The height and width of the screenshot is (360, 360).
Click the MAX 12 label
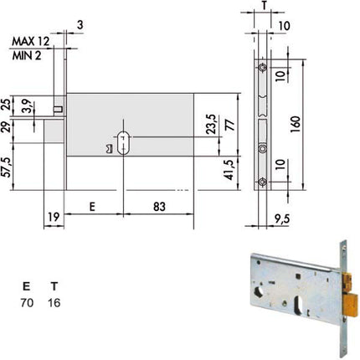30,41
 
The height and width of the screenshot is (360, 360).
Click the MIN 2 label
27,56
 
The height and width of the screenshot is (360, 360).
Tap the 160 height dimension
296,124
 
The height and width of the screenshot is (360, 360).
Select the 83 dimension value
159,207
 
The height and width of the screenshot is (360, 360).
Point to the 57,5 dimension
8,167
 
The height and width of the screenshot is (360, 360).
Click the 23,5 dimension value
211,124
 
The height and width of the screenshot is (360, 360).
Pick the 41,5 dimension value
229,170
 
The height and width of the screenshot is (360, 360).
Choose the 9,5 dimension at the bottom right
281,219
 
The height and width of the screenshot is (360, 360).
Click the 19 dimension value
54,217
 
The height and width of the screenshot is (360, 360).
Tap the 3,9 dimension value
27,106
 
